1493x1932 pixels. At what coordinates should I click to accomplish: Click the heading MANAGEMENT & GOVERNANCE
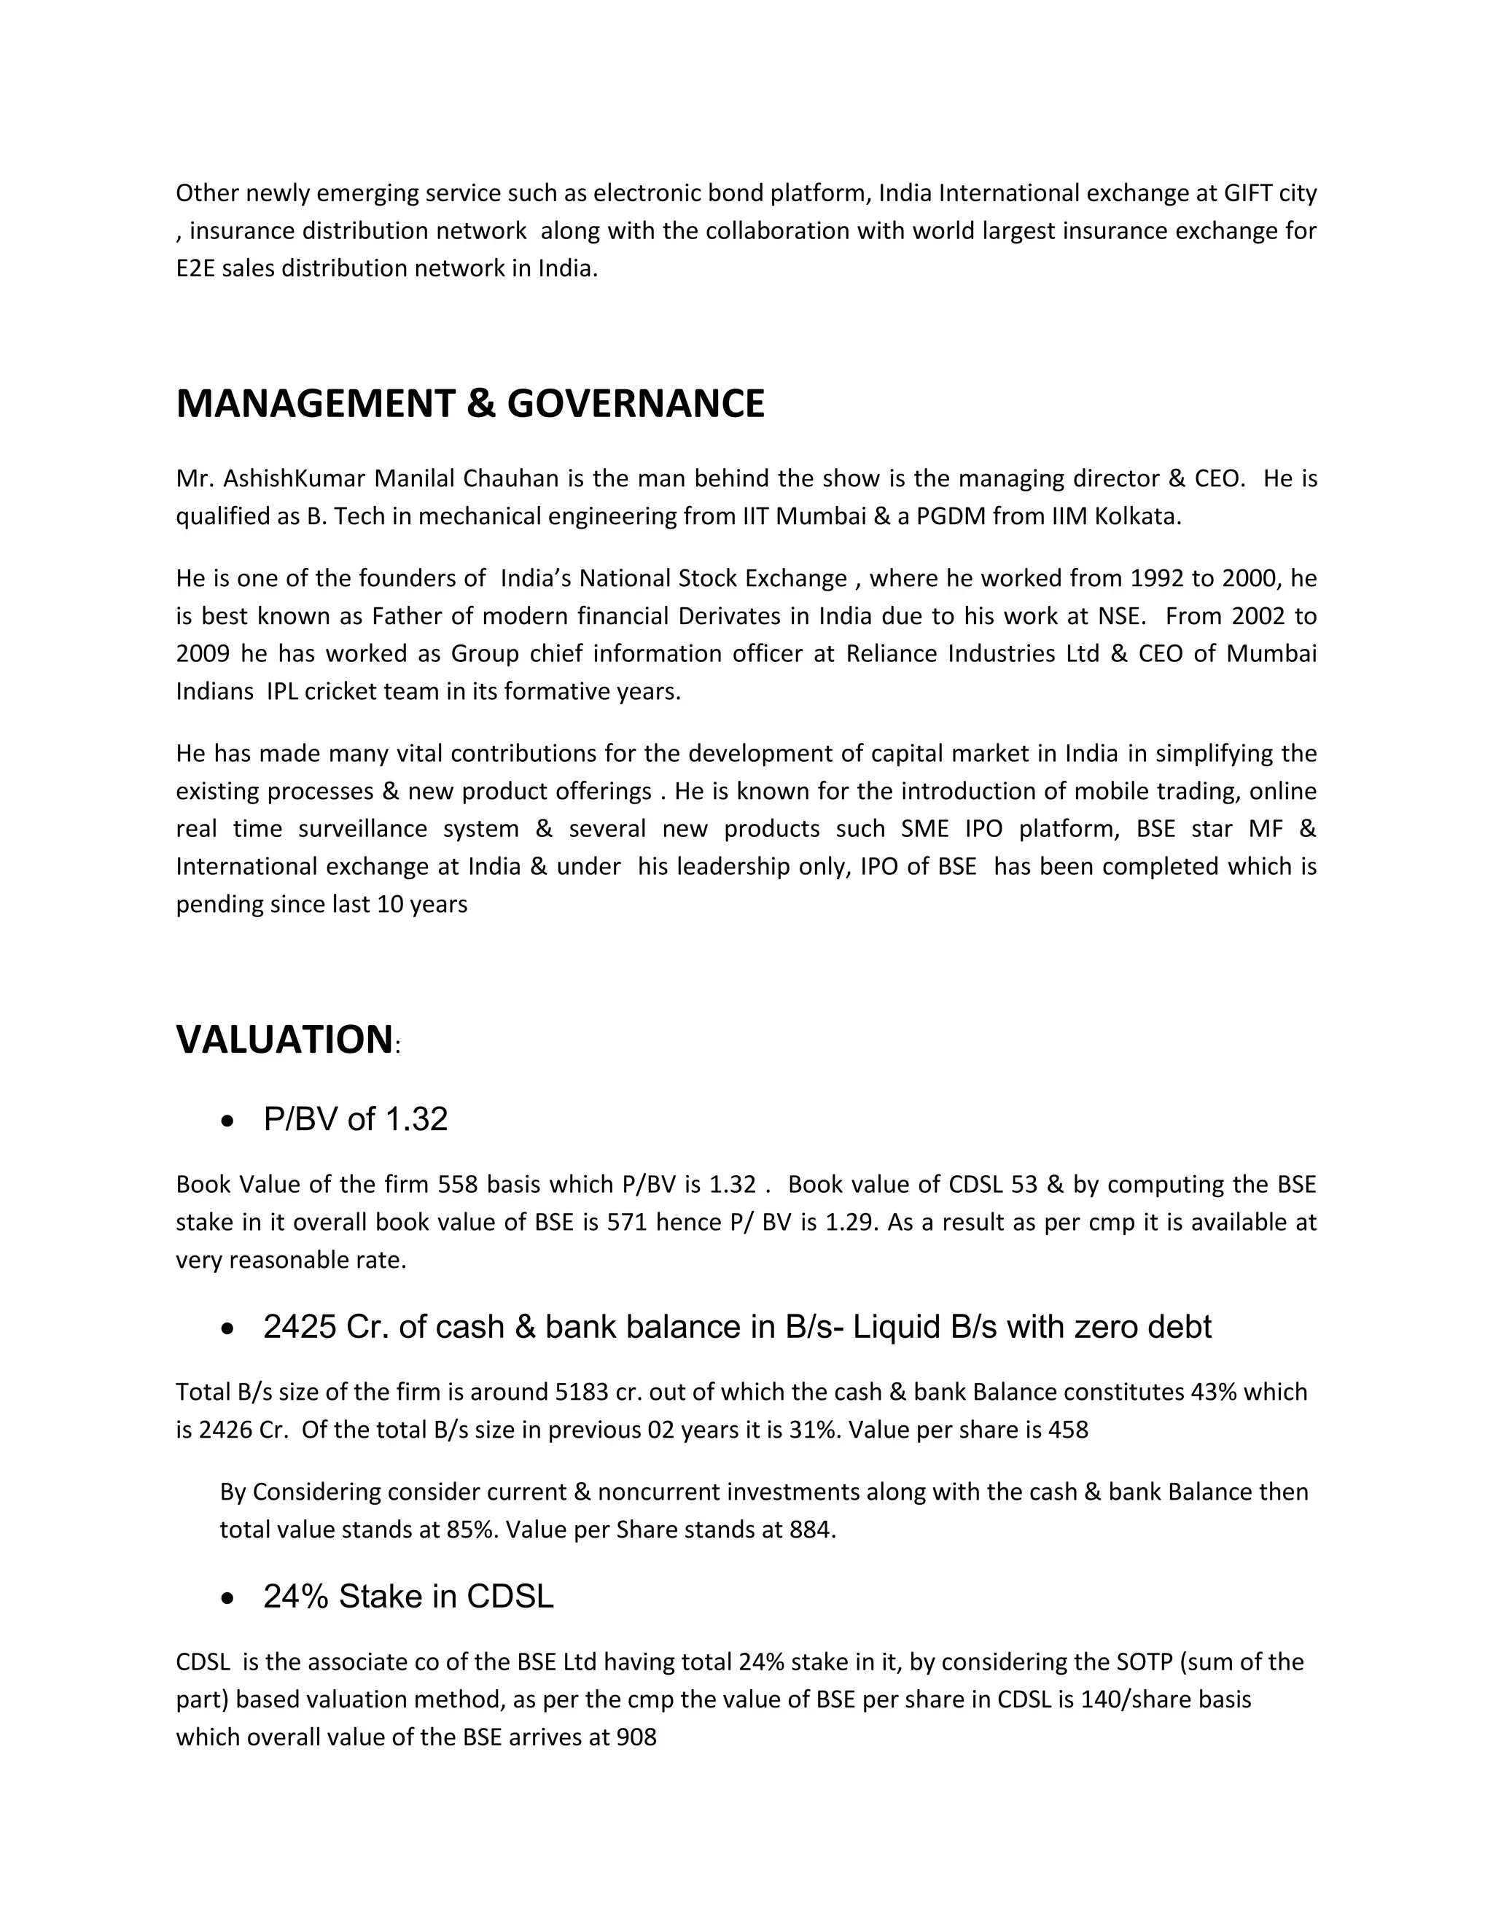point(469,405)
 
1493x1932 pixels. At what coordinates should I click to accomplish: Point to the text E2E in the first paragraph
point(195,269)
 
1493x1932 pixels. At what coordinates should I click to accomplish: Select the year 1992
point(1158,579)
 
